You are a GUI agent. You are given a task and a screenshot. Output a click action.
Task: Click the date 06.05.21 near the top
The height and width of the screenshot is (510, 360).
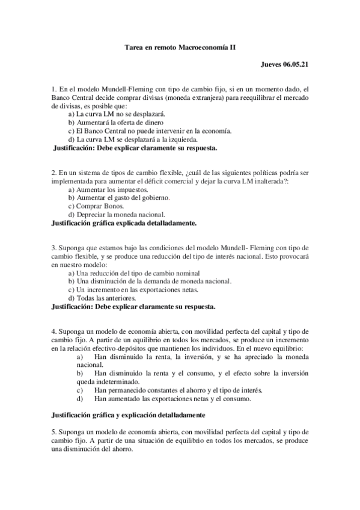(297, 63)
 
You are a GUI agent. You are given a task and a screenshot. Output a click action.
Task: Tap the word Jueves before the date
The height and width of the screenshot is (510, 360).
(272, 63)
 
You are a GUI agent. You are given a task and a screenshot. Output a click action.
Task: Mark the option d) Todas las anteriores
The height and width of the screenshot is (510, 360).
(102, 297)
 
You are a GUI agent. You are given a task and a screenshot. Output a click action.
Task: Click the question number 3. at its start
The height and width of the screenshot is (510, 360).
(54, 248)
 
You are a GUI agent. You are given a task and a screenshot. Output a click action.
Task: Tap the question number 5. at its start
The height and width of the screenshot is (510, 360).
(54, 431)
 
